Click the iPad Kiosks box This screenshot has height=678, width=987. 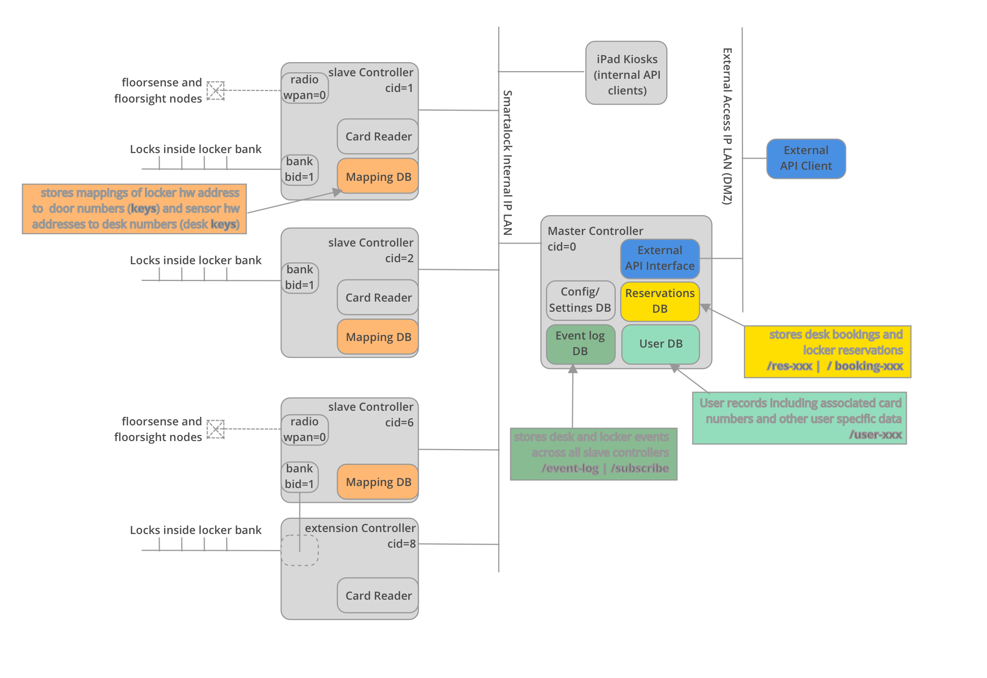(626, 73)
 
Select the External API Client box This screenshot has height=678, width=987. (806, 159)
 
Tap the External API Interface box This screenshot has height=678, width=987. (660, 259)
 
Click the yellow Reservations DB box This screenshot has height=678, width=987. (660, 302)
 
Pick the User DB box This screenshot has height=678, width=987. (660, 344)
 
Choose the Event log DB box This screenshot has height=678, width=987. (580, 344)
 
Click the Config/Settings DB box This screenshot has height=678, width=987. (580, 301)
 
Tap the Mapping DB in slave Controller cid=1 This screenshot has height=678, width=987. (378, 177)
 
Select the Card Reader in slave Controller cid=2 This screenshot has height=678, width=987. (378, 298)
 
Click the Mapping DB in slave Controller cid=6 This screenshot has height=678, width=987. (378, 482)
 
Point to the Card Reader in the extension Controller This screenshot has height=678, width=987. (378, 596)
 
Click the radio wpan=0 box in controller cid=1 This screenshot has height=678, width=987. (305, 88)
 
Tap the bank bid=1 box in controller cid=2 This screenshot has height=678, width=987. (300, 278)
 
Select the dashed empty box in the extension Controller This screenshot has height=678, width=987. (300, 550)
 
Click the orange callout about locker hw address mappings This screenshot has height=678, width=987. (134, 209)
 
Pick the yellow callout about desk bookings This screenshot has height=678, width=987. (827, 352)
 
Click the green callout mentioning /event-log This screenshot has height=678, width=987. (593, 454)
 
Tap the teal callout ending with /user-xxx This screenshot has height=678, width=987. (799, 418)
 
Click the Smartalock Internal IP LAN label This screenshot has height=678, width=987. (507, 163)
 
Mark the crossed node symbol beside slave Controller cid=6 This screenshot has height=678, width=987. (216, 429)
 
